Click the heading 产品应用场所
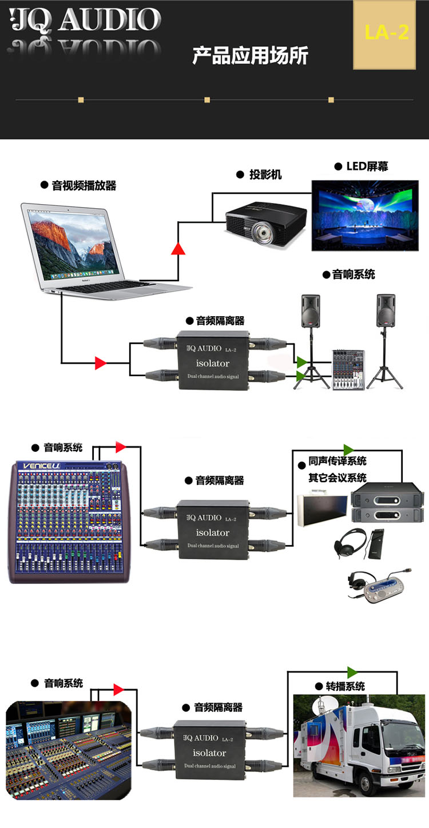tap(250, 55)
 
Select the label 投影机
tap(265, 174)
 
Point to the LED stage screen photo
tap(365, 215)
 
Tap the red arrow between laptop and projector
tap(178, 248)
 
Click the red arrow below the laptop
tap(101, 363)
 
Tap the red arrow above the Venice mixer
tap(120, 447)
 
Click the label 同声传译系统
tap(337, 461)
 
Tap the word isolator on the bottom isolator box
tap(209, 753)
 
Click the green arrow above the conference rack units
tap(348, 449)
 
